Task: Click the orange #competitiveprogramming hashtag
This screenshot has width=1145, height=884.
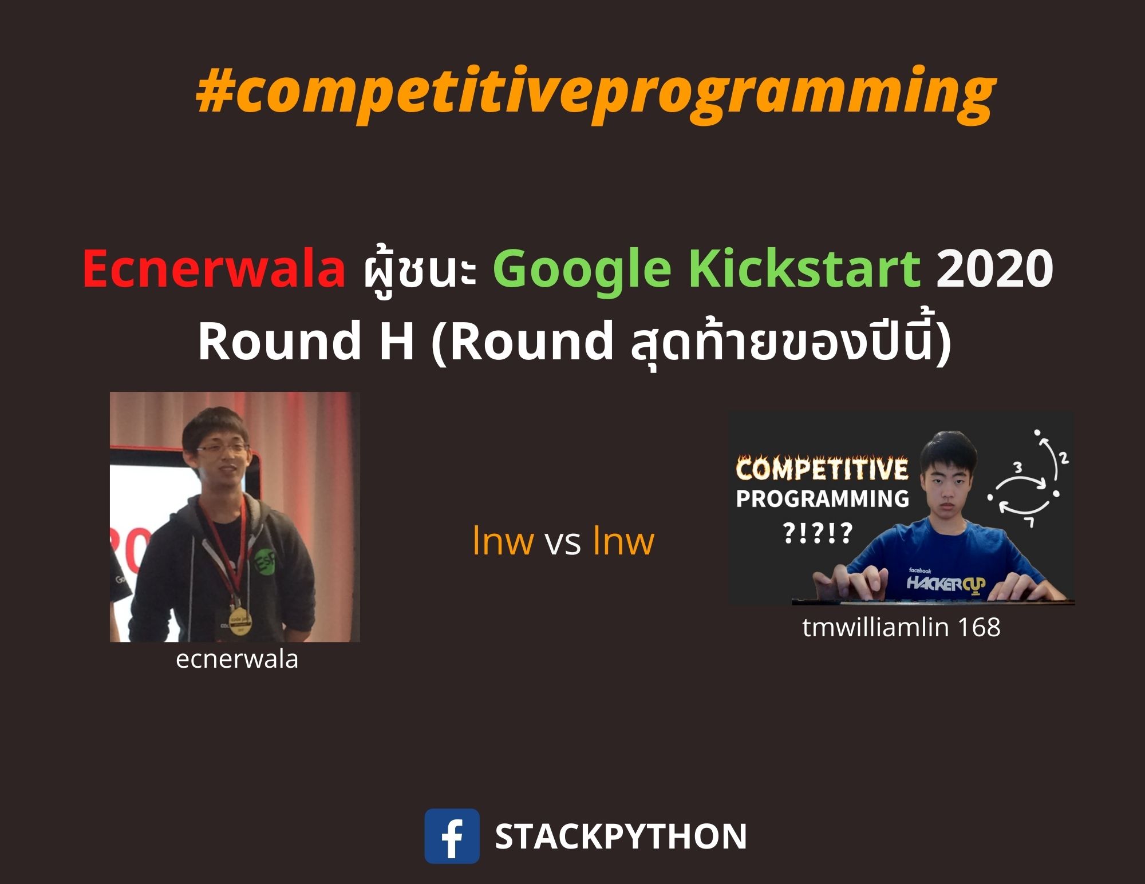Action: [596, 94]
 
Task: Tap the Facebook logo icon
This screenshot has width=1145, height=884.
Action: [452, 835]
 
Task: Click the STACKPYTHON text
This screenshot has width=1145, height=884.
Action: [621, 837]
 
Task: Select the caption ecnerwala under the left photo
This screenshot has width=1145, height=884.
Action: [237, 659]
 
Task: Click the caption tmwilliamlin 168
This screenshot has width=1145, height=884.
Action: [901, 627]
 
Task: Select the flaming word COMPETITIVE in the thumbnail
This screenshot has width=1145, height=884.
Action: [822, 469]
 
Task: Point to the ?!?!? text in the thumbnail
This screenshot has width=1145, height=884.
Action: [818, 533]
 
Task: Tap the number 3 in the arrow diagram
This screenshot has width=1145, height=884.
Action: [1018, 467]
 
